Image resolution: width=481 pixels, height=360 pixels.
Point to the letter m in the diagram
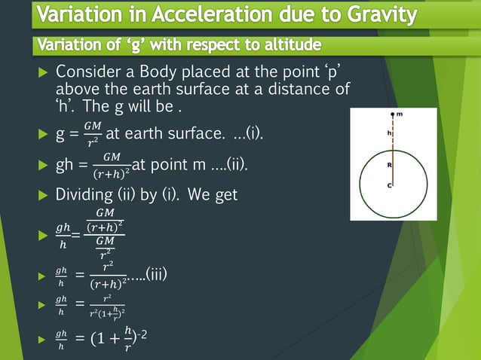pyautogui.click(x=400, y=114)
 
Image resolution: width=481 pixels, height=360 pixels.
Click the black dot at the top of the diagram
pyautogui.click(x=392, y=114)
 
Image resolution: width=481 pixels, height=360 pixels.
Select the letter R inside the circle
pyautogui.click(x=388, y=163)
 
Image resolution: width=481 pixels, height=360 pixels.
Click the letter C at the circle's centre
pyautogui.click(x=388, y=185)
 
